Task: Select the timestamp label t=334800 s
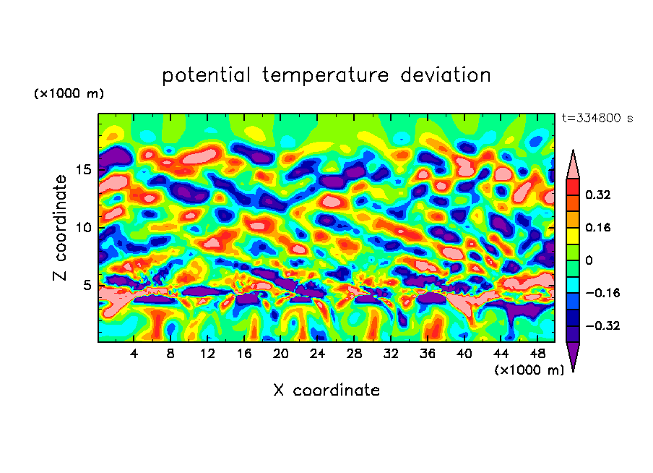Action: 597,119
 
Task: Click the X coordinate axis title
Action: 326,391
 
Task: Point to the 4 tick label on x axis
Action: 134,354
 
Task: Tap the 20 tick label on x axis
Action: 281,354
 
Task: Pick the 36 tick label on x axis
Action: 427,354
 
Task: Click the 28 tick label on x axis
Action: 354,354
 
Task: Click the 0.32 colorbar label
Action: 599,195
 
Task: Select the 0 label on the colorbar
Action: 589,260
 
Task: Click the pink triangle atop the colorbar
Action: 573,165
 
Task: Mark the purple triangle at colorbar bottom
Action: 573,355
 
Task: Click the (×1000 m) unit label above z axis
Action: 69,94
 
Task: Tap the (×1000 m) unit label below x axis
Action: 529,370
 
